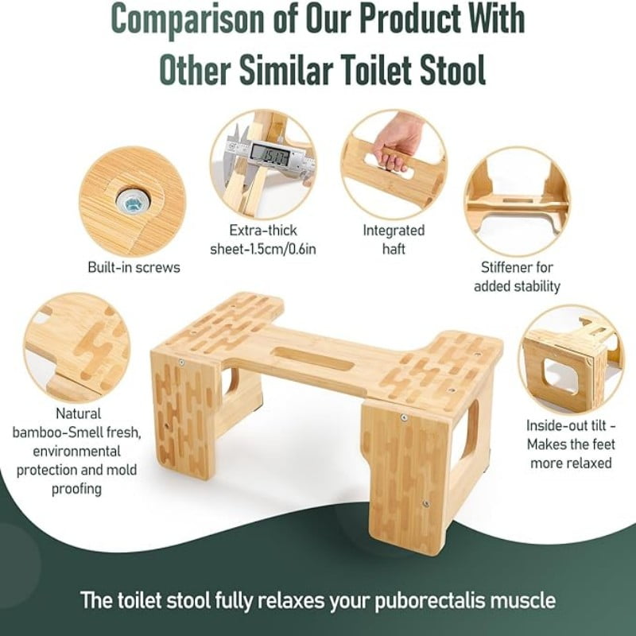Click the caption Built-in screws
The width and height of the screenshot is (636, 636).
pyautogui.click(x=134, y=267)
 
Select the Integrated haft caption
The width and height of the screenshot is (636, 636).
pyautogui.click(x=394, y=239)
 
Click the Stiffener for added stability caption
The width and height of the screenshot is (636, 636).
pyautogui.click(x=517, y=277)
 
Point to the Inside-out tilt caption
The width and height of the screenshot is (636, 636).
pyautogui.click(x=570, y=444)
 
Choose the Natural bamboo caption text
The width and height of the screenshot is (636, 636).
pyautogui.click(x=78, y=452)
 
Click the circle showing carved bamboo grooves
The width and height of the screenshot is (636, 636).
pyautogui.click(x=76, y=347)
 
